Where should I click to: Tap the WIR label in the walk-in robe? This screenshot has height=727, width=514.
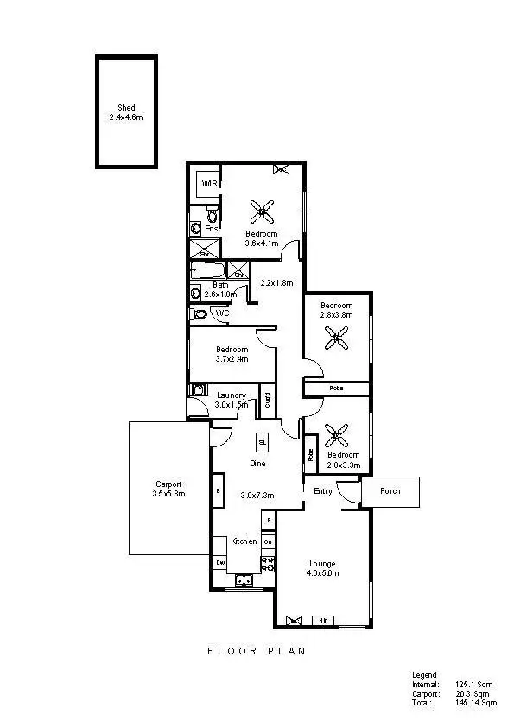pyautogui.click(x=208, y=184)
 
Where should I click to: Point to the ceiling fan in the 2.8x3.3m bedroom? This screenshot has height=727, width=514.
pyautogui.click(x=336, y=433)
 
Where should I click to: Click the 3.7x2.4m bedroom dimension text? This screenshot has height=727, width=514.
pyautogui.click(x=232, y=359)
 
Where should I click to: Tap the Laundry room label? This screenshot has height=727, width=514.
pyautogui.click(x=232, y=395)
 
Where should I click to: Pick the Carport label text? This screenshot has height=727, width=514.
pyautogui.click(x=168, y=484)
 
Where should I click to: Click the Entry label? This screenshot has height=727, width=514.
pyautogui.click(x=323, y=491)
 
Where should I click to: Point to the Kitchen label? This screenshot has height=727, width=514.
pyautogui.click(x=244, y=541)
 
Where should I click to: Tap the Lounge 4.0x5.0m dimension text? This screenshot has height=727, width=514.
pyautogui.click(x=324, y=572)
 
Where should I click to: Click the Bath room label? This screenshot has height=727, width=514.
pyautogui.click(x=221, y=284)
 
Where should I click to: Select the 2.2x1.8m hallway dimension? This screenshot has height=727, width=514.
pyautogui.click(x=278, y=283)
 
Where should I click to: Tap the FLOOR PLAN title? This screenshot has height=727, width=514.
pyautogui.click(x=257, y=652)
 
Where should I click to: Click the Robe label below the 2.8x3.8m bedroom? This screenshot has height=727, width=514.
pyautogui.click(x=335, y=389)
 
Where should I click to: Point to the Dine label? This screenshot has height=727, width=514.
pyautogui.click(x=257, y=464)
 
